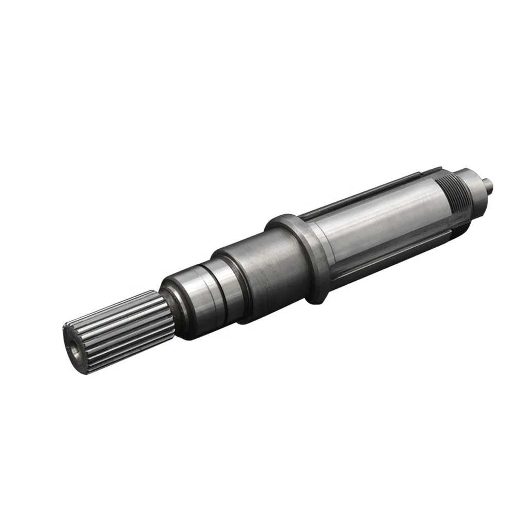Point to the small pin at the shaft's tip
click(490, 183)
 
